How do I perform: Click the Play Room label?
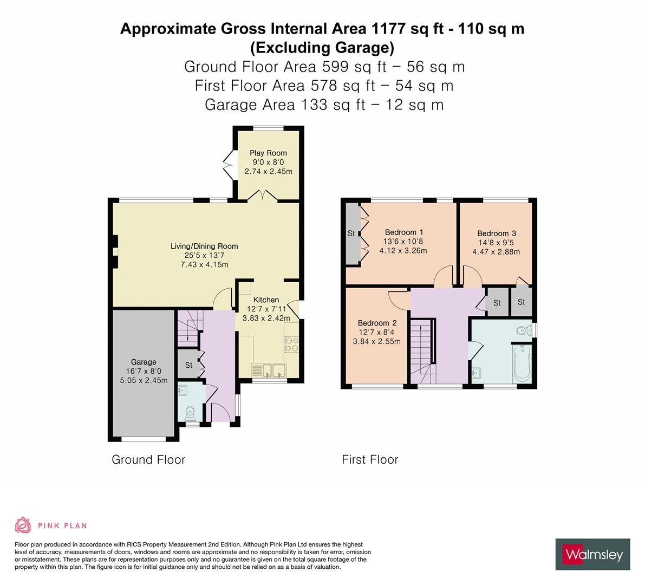click(x=268, y=153)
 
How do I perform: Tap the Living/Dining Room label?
click(x=204, y=246)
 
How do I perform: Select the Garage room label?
click(x=144, y=362)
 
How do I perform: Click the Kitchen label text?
click(x=266, y=300)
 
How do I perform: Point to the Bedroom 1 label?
click(x=403, y=232)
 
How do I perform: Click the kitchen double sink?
click(x=269, y=371)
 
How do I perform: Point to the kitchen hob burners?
click(x=291, y=344)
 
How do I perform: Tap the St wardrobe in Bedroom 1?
click(x=351, y=233)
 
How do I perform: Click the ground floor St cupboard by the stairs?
click(x=188, y=366)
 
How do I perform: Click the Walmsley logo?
click(x=594, y=554)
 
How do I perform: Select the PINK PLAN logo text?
click(x=62, y=525)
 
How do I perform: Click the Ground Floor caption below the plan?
click(x=148, y=460)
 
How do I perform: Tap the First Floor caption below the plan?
click(x=370, y=460)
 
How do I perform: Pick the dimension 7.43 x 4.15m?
click(x=204, y=264)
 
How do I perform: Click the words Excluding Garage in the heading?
click(x=322, y=48)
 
